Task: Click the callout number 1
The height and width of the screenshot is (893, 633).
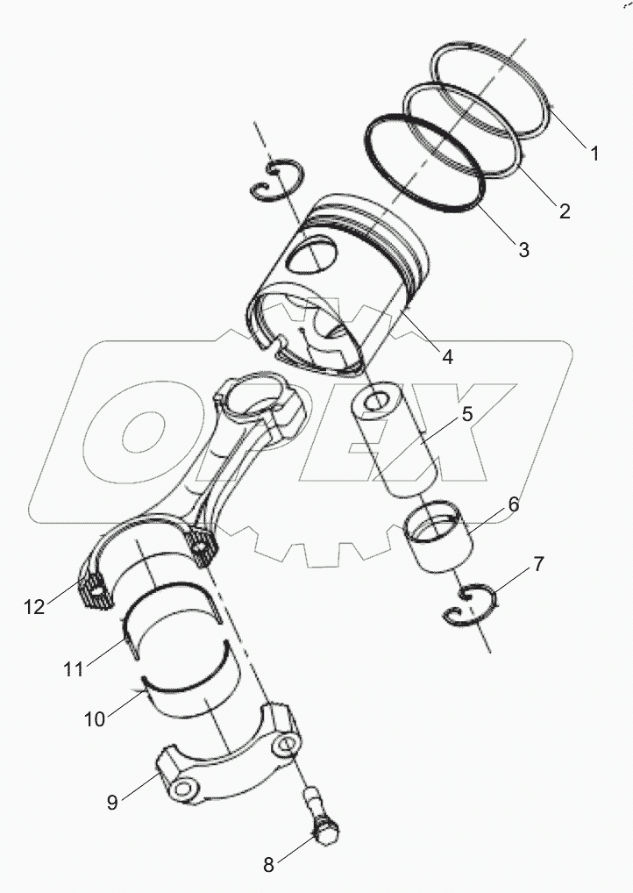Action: (x=594, y=154)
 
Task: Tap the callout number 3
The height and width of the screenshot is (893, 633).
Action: (x=523, y=249)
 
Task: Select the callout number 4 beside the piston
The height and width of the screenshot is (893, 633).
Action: (x=447, y=357)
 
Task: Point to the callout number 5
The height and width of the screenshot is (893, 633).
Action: (x=467, y=414)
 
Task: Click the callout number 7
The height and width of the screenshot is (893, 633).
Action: (x=538, y=564)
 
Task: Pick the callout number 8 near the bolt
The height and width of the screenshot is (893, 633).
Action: (x=269, y=865)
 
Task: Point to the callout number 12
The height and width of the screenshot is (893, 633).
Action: (x=34, y=606)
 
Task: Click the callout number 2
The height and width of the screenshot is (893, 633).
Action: (x=565, y=211)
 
